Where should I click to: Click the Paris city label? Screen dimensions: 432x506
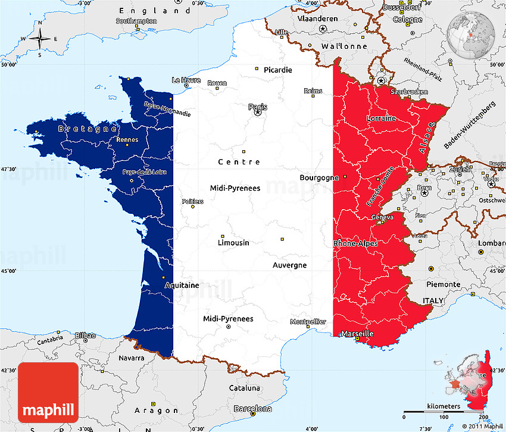(258, 107)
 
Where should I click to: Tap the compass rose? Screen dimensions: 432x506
(40, 39)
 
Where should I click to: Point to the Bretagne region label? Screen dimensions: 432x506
(88, 128)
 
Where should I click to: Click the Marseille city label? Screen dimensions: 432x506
(357, 334)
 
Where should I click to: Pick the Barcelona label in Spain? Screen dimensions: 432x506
(253, 409)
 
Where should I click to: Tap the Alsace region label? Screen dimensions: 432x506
(427, 137)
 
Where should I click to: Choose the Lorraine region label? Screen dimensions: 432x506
(381, 118)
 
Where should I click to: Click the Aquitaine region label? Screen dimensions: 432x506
(182, 285)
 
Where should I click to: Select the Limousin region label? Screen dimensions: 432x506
(233, 243)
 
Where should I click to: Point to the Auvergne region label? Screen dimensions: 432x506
(289, 265)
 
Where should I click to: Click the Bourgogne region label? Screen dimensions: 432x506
(319, 178)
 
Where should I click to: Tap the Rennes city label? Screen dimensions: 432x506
(127, 140)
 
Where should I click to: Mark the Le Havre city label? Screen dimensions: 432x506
(186, 80)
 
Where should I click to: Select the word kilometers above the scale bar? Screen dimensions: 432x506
(443, 406)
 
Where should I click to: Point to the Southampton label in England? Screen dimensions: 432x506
(136, 21)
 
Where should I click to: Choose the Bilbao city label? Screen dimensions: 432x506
(86, 335)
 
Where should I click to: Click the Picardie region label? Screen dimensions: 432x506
(278, 70)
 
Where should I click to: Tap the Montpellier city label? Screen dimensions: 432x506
(308, 322)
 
